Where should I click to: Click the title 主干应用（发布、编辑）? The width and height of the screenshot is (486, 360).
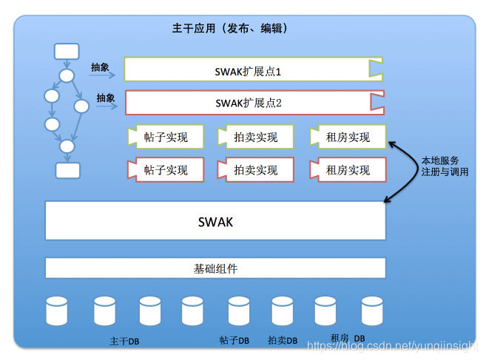tap(229, 29)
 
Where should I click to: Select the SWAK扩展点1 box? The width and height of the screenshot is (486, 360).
tap(252, 69)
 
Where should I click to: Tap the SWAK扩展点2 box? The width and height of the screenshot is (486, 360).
tap(252, 103)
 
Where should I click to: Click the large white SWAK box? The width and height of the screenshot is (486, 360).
tap(215, 220)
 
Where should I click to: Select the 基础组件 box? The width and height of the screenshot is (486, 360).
tap(215, 268)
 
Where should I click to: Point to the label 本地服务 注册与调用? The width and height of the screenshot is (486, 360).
tap(444, 166)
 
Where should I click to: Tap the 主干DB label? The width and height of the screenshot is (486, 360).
tap(124, 342)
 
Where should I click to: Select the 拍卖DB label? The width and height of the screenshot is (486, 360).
tap(282, 341)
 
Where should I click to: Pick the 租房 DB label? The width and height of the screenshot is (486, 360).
tap(348, 338)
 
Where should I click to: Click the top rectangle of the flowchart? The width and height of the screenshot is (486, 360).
tap(67, 51)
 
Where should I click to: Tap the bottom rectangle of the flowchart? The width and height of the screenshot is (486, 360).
tap(68, 170)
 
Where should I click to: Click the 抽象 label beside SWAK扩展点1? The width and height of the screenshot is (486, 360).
tap(100, 67)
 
